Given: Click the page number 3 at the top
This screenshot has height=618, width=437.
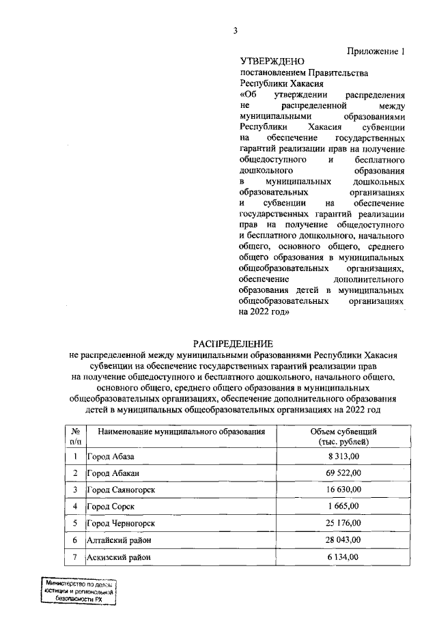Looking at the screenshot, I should coord(235,30).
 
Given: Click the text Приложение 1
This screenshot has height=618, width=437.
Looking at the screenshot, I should coord(381,51).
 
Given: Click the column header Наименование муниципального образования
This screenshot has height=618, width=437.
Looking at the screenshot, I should coord(181,432).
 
